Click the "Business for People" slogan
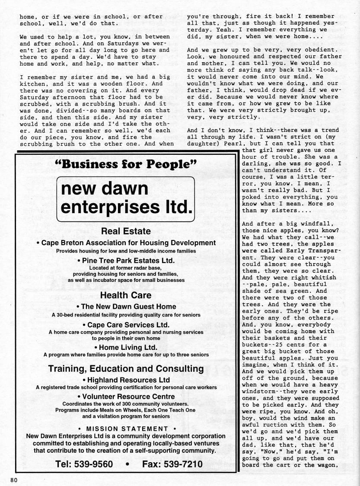[x=127, y=165]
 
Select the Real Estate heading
[x=126, y=231]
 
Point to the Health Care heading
[x=126, y=295]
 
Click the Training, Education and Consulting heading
[x=126, y=369]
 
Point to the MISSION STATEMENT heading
[x=126, y=428]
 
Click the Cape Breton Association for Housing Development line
[x=126, y=243]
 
